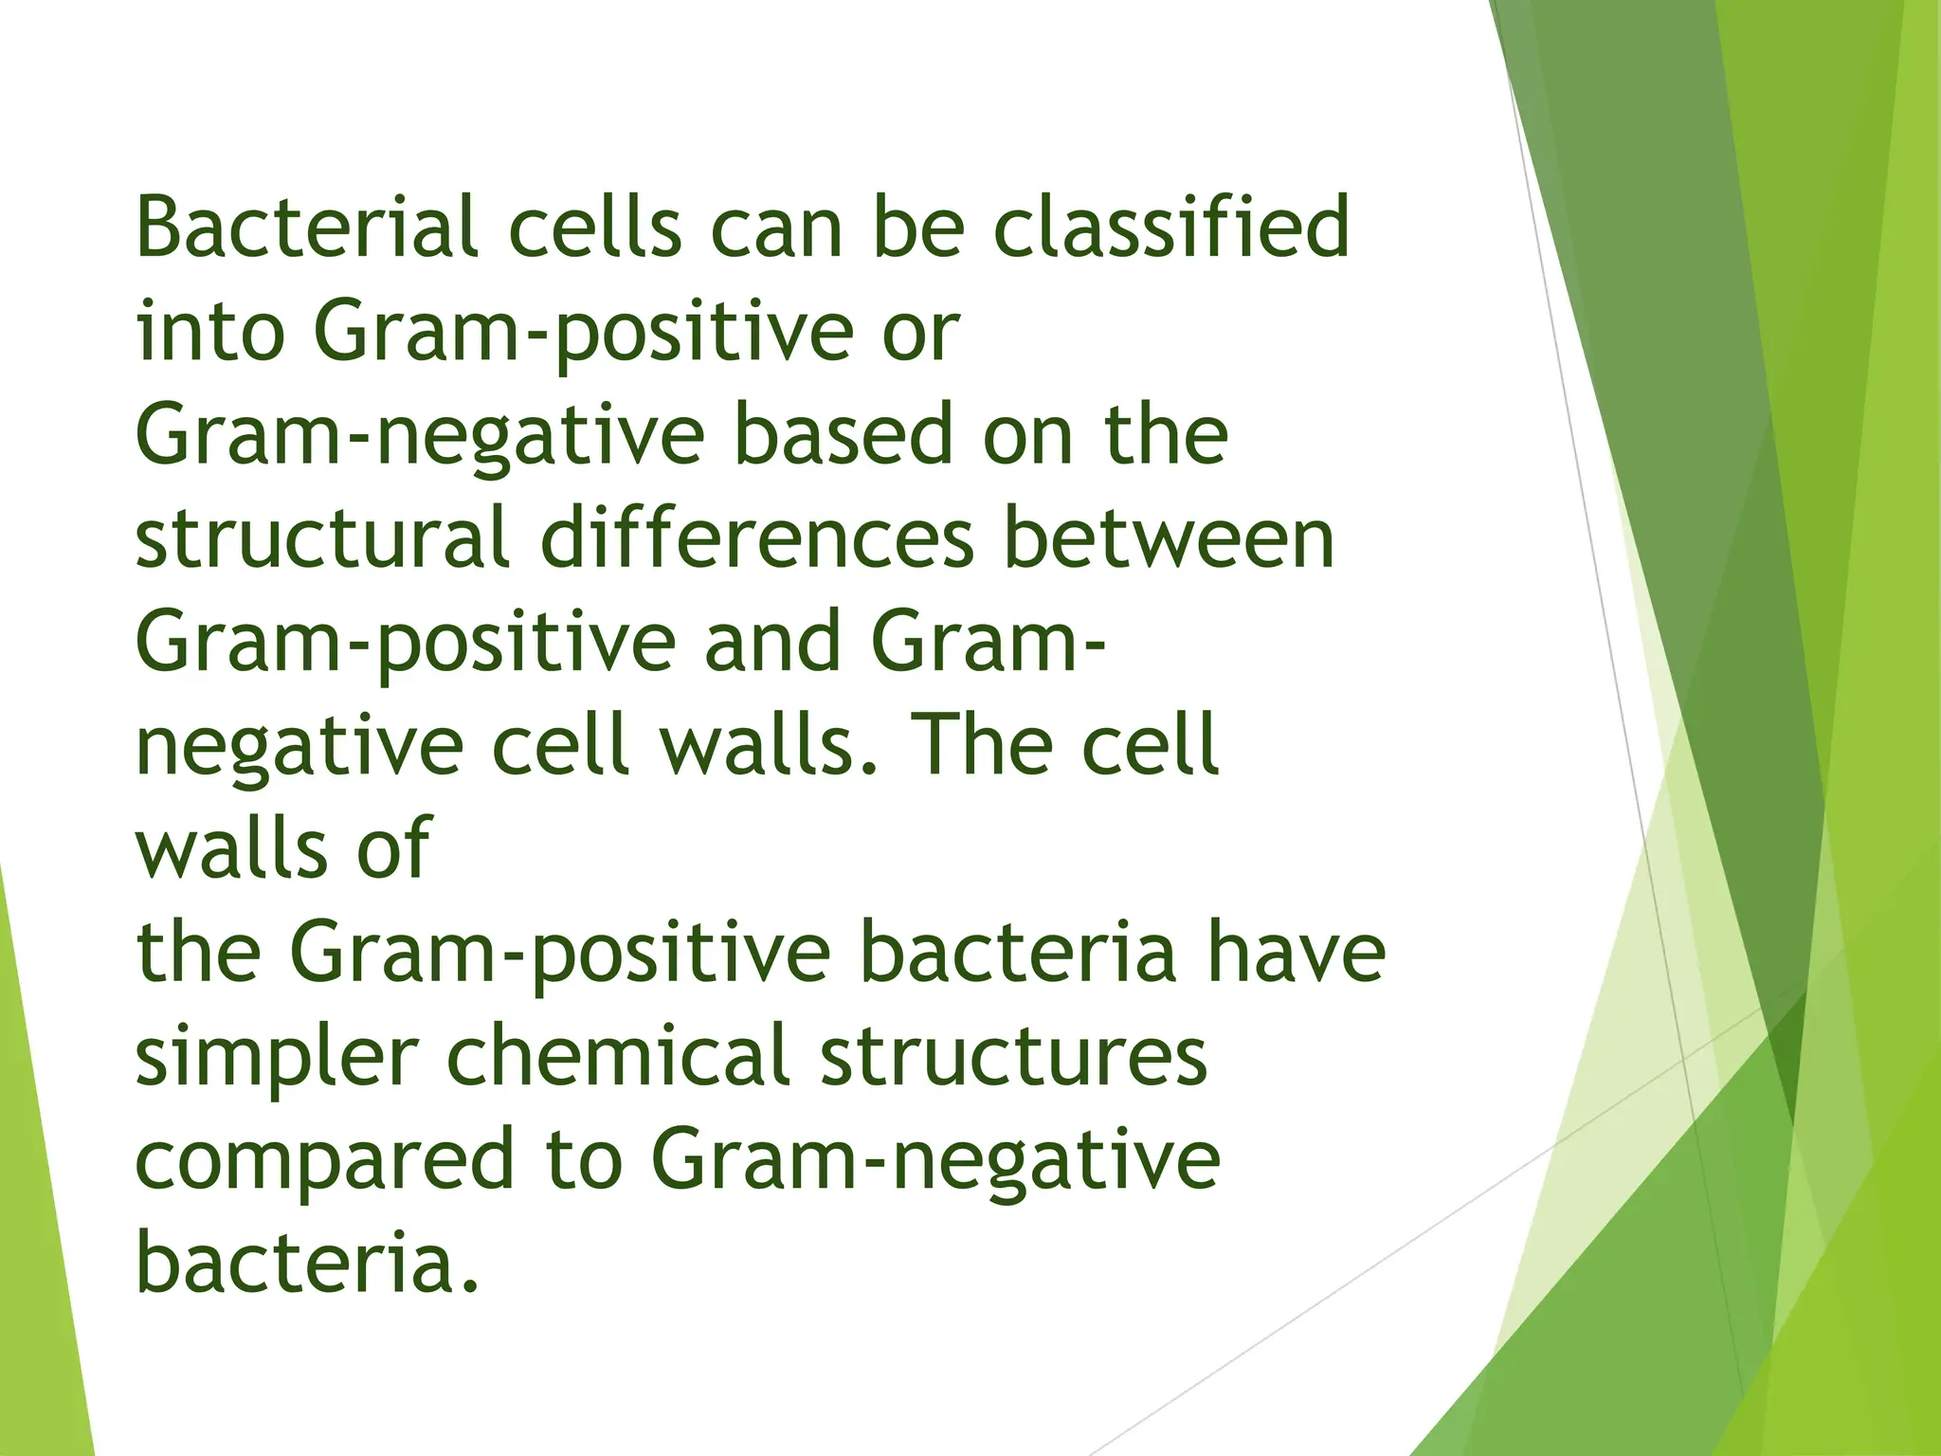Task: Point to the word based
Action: tap(843, 435)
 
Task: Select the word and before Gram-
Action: tap(772, 642)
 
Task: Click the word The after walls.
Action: tap(980, 745)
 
